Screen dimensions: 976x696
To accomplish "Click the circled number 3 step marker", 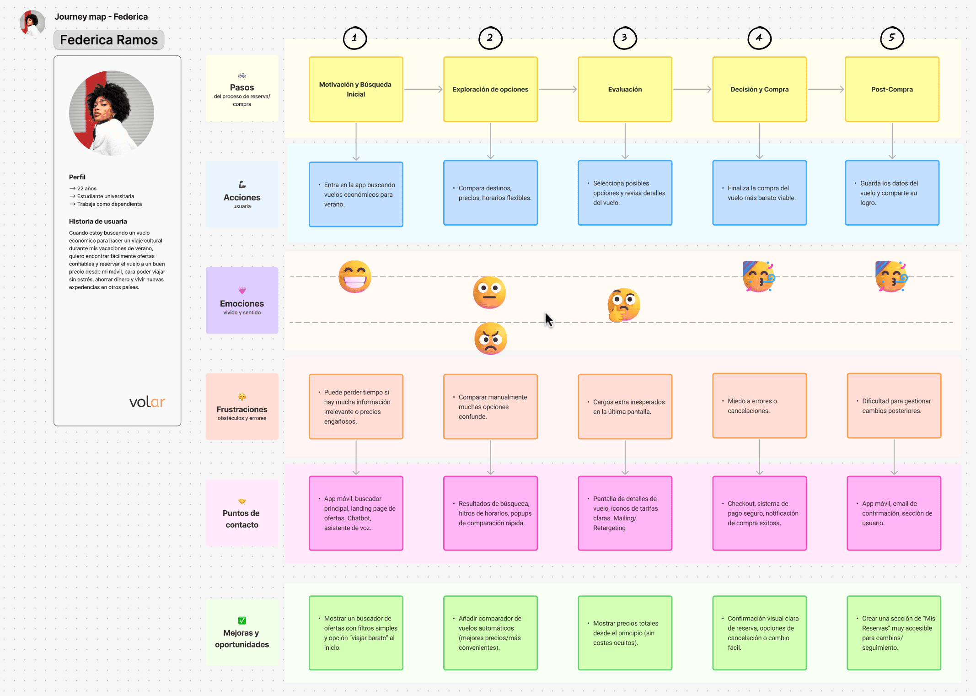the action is click(x=625, y=38).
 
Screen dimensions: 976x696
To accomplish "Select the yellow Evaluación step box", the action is click(x=625, y=89).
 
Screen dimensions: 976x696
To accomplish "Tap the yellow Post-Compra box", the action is click(x=892, y=89).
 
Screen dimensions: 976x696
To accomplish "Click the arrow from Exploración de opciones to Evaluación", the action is click(x=558, y=89).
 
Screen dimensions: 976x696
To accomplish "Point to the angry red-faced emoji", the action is click(x=490, y=339).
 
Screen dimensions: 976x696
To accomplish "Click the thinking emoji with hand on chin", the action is click(x=623, y=305).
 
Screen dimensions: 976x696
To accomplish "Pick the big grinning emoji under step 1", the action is click(x=355, y=277).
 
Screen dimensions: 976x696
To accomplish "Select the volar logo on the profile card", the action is click(x=147, y=402).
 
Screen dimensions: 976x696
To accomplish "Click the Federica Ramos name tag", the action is click(x=109, y=40).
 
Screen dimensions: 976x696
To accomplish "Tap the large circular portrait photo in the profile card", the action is click(x=112, y=113).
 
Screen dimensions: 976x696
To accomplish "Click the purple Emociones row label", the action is click(x=242, y=300).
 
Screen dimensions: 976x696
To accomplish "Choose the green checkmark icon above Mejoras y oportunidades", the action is click(x=242, y=620).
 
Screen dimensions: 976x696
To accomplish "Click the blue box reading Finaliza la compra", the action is click(x=759, y=193).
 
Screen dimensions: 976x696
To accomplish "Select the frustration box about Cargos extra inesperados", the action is click(x=625, y=407).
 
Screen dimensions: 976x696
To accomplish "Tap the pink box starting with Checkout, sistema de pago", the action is click(x=759, y=513).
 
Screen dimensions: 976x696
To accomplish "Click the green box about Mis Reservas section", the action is click(x=894, y=633).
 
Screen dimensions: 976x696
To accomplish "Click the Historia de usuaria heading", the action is click(x=98, y=221).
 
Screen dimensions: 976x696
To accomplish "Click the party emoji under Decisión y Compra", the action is click(x=759, y=276).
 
